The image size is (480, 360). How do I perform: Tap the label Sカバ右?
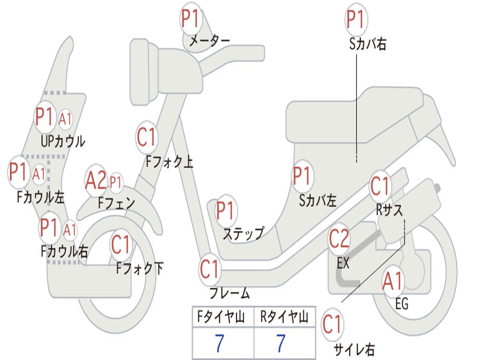click(x=367, y=44)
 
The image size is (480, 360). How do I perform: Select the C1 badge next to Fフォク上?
click(x=147, y=137)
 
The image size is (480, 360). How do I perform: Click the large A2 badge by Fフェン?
click(x=96, y=181)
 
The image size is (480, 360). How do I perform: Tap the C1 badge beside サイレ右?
click(x=332, y=324)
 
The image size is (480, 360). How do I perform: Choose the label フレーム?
click(x=230, y=294)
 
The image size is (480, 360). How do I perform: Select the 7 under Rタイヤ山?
click(x=281, y=343)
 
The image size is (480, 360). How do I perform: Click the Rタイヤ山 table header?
click(x=284, y=318)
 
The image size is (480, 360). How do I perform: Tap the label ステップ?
click(x=243, y=233)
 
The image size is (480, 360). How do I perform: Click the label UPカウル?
click(x=63, y=141)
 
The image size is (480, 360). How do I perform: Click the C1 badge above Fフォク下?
click(x=121, y=244)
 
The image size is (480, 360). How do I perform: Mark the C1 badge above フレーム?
click(x=210, y=269)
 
